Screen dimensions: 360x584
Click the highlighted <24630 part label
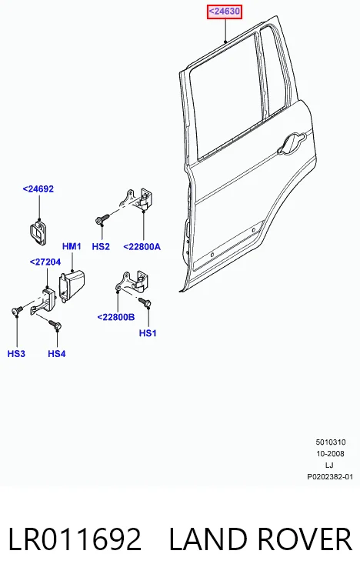coord(225,12)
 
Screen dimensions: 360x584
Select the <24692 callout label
coord(38,189)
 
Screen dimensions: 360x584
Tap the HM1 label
coord(72,246)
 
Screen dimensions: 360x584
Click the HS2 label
coord(101,246)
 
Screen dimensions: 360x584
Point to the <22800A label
coord(142,246)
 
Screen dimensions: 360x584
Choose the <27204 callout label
coord(45,262)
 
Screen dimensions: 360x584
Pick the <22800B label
coord(116,317)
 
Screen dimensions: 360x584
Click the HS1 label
coord(148,333)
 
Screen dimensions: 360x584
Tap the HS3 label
coord(16,353)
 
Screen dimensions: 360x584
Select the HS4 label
coord(57,353)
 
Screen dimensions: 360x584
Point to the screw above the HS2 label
coord(102,219)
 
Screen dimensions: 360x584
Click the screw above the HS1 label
coord(145,302)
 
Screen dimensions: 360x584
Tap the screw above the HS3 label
coord(17,311)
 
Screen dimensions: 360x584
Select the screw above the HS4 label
coord(55,325)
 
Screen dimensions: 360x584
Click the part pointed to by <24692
coord(38,232)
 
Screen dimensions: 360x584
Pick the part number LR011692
coord(75,539)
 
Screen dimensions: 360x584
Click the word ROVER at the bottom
coord(305,539)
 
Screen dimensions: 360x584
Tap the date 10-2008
coord(330,454)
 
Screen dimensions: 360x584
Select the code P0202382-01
coord(330,477)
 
